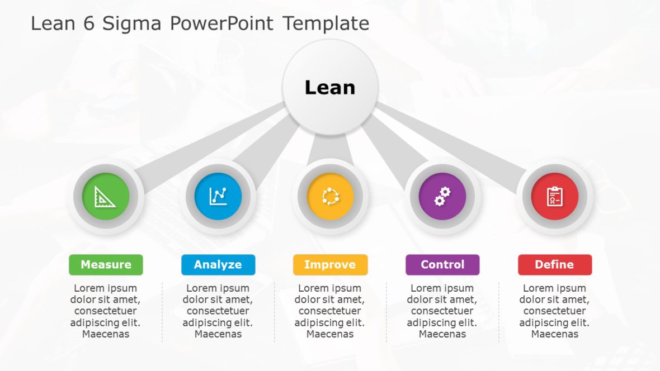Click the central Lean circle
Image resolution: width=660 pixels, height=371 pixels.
pos(330,87)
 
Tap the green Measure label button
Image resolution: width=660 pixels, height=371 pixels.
pos(106,265)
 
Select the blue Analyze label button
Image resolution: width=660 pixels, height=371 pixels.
pos(218,265)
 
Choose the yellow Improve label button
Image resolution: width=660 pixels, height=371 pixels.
pos(330,265)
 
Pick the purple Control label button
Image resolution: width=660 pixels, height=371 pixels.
pos(442,265)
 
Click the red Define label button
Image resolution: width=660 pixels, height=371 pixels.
pos(554,265)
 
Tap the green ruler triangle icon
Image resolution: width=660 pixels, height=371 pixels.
pos(105,197)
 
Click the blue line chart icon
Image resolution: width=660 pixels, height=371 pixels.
pos(218,197)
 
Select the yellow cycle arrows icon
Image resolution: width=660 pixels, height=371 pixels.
pos(330,197)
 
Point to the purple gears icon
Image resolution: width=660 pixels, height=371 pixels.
pos(442,197)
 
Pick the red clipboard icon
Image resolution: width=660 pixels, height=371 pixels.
pos(554,197)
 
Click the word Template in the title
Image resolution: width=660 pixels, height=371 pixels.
pos(326,24)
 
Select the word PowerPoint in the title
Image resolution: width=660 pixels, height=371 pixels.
pos(222,24)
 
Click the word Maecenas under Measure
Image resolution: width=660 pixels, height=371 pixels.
pos(106,334)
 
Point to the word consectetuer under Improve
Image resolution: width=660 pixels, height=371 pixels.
pos(330,311)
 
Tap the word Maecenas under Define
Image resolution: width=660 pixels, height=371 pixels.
pos(554,334)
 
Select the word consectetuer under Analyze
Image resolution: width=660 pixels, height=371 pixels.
pos(218,311)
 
